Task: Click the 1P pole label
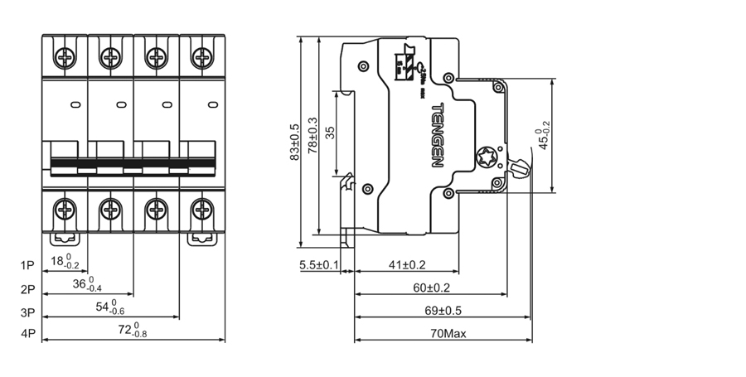pos(27,266)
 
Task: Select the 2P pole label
pos(27,289)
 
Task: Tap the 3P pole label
pos(27,312)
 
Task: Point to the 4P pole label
pos(27,335)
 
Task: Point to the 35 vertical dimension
pos(330,133)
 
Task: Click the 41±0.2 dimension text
pos(407,265)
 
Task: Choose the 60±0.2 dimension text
pos(430,288)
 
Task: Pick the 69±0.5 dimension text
pos(443,311)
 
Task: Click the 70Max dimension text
pos(443,334)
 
